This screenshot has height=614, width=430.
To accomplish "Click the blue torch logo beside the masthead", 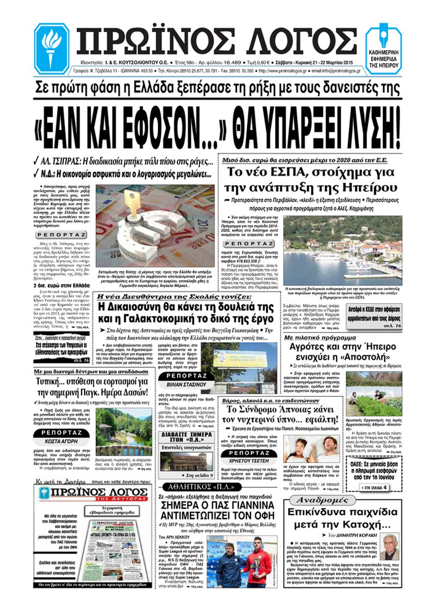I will [52, 45].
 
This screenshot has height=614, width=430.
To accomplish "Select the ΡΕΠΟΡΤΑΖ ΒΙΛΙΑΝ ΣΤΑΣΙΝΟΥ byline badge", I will [186, 380].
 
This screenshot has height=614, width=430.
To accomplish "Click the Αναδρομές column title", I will [322, 500].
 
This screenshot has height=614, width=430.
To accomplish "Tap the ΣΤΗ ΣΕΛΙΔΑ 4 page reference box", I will [374, 487].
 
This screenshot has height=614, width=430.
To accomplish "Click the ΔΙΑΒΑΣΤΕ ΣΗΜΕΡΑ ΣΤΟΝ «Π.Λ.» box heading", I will [186, 437].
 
